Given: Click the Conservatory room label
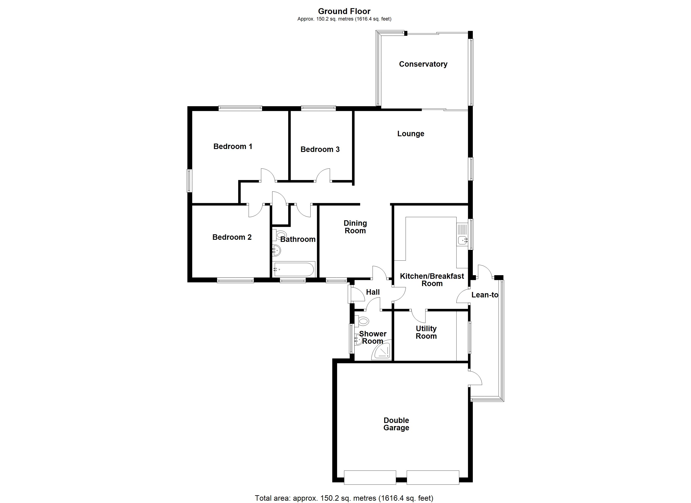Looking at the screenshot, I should coord(423,64).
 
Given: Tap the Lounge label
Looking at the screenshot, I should coord(410,134).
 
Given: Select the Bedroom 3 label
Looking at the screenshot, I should coord(320,149).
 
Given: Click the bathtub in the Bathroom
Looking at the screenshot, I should coord(294,269).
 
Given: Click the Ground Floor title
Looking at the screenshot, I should coord(344,11).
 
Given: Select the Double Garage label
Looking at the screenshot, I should coord(396,424).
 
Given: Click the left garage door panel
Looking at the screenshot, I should coord(370,482).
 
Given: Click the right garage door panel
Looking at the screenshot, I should coord(433,482).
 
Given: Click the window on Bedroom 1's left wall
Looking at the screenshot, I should coord(189,181).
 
